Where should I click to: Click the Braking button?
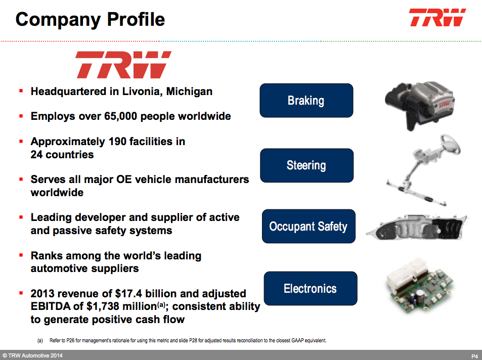point(306,101)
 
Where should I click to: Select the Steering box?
point(306,165)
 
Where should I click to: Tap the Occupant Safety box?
point(308,227)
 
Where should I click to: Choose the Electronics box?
point(310,289)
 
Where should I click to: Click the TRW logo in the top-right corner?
point(437,18)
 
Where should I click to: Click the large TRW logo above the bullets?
point(123,65)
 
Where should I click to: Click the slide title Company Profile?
point(91,19)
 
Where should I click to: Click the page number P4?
point(474,356)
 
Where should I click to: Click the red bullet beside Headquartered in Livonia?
point(21,91)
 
